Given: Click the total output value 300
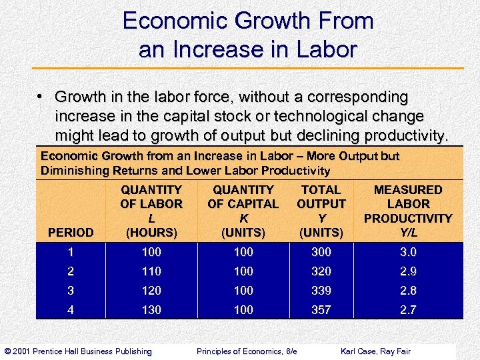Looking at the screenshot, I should (321, 252).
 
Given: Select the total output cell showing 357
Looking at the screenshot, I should (321, 310).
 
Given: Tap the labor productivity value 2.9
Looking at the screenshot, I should (408, 271).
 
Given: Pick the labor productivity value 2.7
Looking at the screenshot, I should (408, 310).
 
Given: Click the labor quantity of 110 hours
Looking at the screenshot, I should (151, 271).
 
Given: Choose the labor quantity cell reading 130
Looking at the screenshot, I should (151, 310).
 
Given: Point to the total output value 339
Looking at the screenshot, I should (321, 291).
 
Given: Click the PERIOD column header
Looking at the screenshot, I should (71, 233).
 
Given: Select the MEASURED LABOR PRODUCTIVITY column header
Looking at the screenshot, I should (408, 211).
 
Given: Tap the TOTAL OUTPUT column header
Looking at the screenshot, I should (321, 211).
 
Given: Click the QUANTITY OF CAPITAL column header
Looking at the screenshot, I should (243, 211).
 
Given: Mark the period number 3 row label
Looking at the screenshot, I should (71, 291).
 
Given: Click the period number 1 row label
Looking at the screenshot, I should (71, 252).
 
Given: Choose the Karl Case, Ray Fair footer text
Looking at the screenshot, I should (375, 351).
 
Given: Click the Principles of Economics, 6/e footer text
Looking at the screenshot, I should (247, 351).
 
